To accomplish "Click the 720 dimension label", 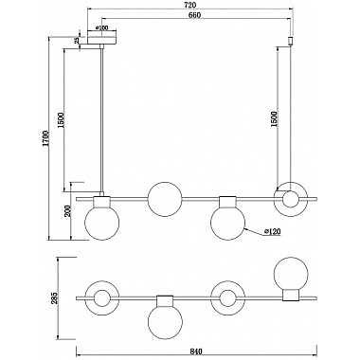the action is click(190, 5).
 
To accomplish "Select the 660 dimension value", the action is click(195, 15).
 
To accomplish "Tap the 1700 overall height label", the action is click(46, 138).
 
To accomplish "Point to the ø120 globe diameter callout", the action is click(273, 232).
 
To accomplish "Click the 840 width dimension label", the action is click(196, 351).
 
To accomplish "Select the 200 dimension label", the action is click(67, 210).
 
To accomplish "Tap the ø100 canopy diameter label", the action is click(101, 27).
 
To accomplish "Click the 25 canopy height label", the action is click(76, 41).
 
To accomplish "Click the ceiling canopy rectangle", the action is click(101, 41).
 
